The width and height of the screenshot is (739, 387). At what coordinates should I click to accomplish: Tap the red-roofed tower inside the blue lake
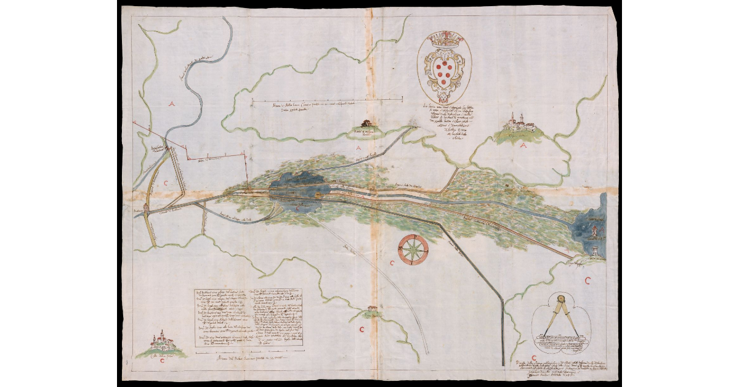[595, 230]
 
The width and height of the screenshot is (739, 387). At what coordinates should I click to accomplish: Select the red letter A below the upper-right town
[523, 147]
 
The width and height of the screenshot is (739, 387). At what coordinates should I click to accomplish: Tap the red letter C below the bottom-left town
[161, 362]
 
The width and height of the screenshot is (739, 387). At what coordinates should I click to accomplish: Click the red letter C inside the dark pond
[297, 208]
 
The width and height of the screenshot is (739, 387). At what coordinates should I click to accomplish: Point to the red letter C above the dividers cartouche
[588, 281]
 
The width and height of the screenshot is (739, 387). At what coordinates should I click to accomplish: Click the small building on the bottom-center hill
[370, 308]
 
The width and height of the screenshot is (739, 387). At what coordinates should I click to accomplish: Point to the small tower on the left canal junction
[147, 208]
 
